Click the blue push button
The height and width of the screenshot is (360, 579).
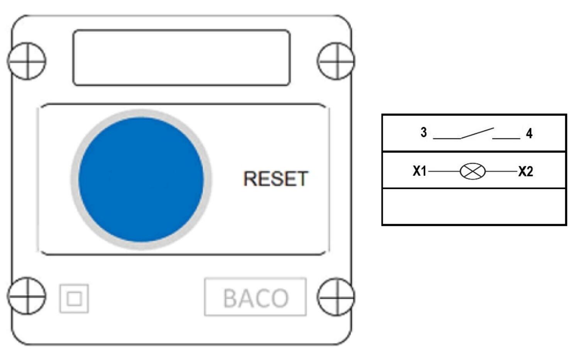point(141,180)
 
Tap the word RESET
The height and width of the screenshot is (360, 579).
point(276,179)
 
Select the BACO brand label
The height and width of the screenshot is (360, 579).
point(256,297)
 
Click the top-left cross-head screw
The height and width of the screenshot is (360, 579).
point(27,61)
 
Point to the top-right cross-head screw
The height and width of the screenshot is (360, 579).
point(336,61)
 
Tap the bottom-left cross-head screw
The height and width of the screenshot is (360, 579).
point(27,296)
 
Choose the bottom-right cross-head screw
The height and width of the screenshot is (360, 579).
point(336,297)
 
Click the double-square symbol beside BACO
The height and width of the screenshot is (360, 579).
point(74,299)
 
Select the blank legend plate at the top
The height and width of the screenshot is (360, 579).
point(181,57)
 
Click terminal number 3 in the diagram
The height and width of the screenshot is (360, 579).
point(423,132)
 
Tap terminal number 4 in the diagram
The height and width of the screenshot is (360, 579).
point(529,134)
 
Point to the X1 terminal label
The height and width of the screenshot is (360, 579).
point(419,171)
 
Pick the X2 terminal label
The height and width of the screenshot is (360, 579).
point(526,171)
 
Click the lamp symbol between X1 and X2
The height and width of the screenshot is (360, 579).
point(472,171)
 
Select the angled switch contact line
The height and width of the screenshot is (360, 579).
point(477,133)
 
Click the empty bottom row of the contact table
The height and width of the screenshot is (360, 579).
point(474,206)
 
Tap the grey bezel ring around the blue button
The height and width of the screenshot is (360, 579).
point(74,180)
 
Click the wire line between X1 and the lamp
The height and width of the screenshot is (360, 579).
point(444,171)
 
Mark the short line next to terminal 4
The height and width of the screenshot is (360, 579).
point(506,138)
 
